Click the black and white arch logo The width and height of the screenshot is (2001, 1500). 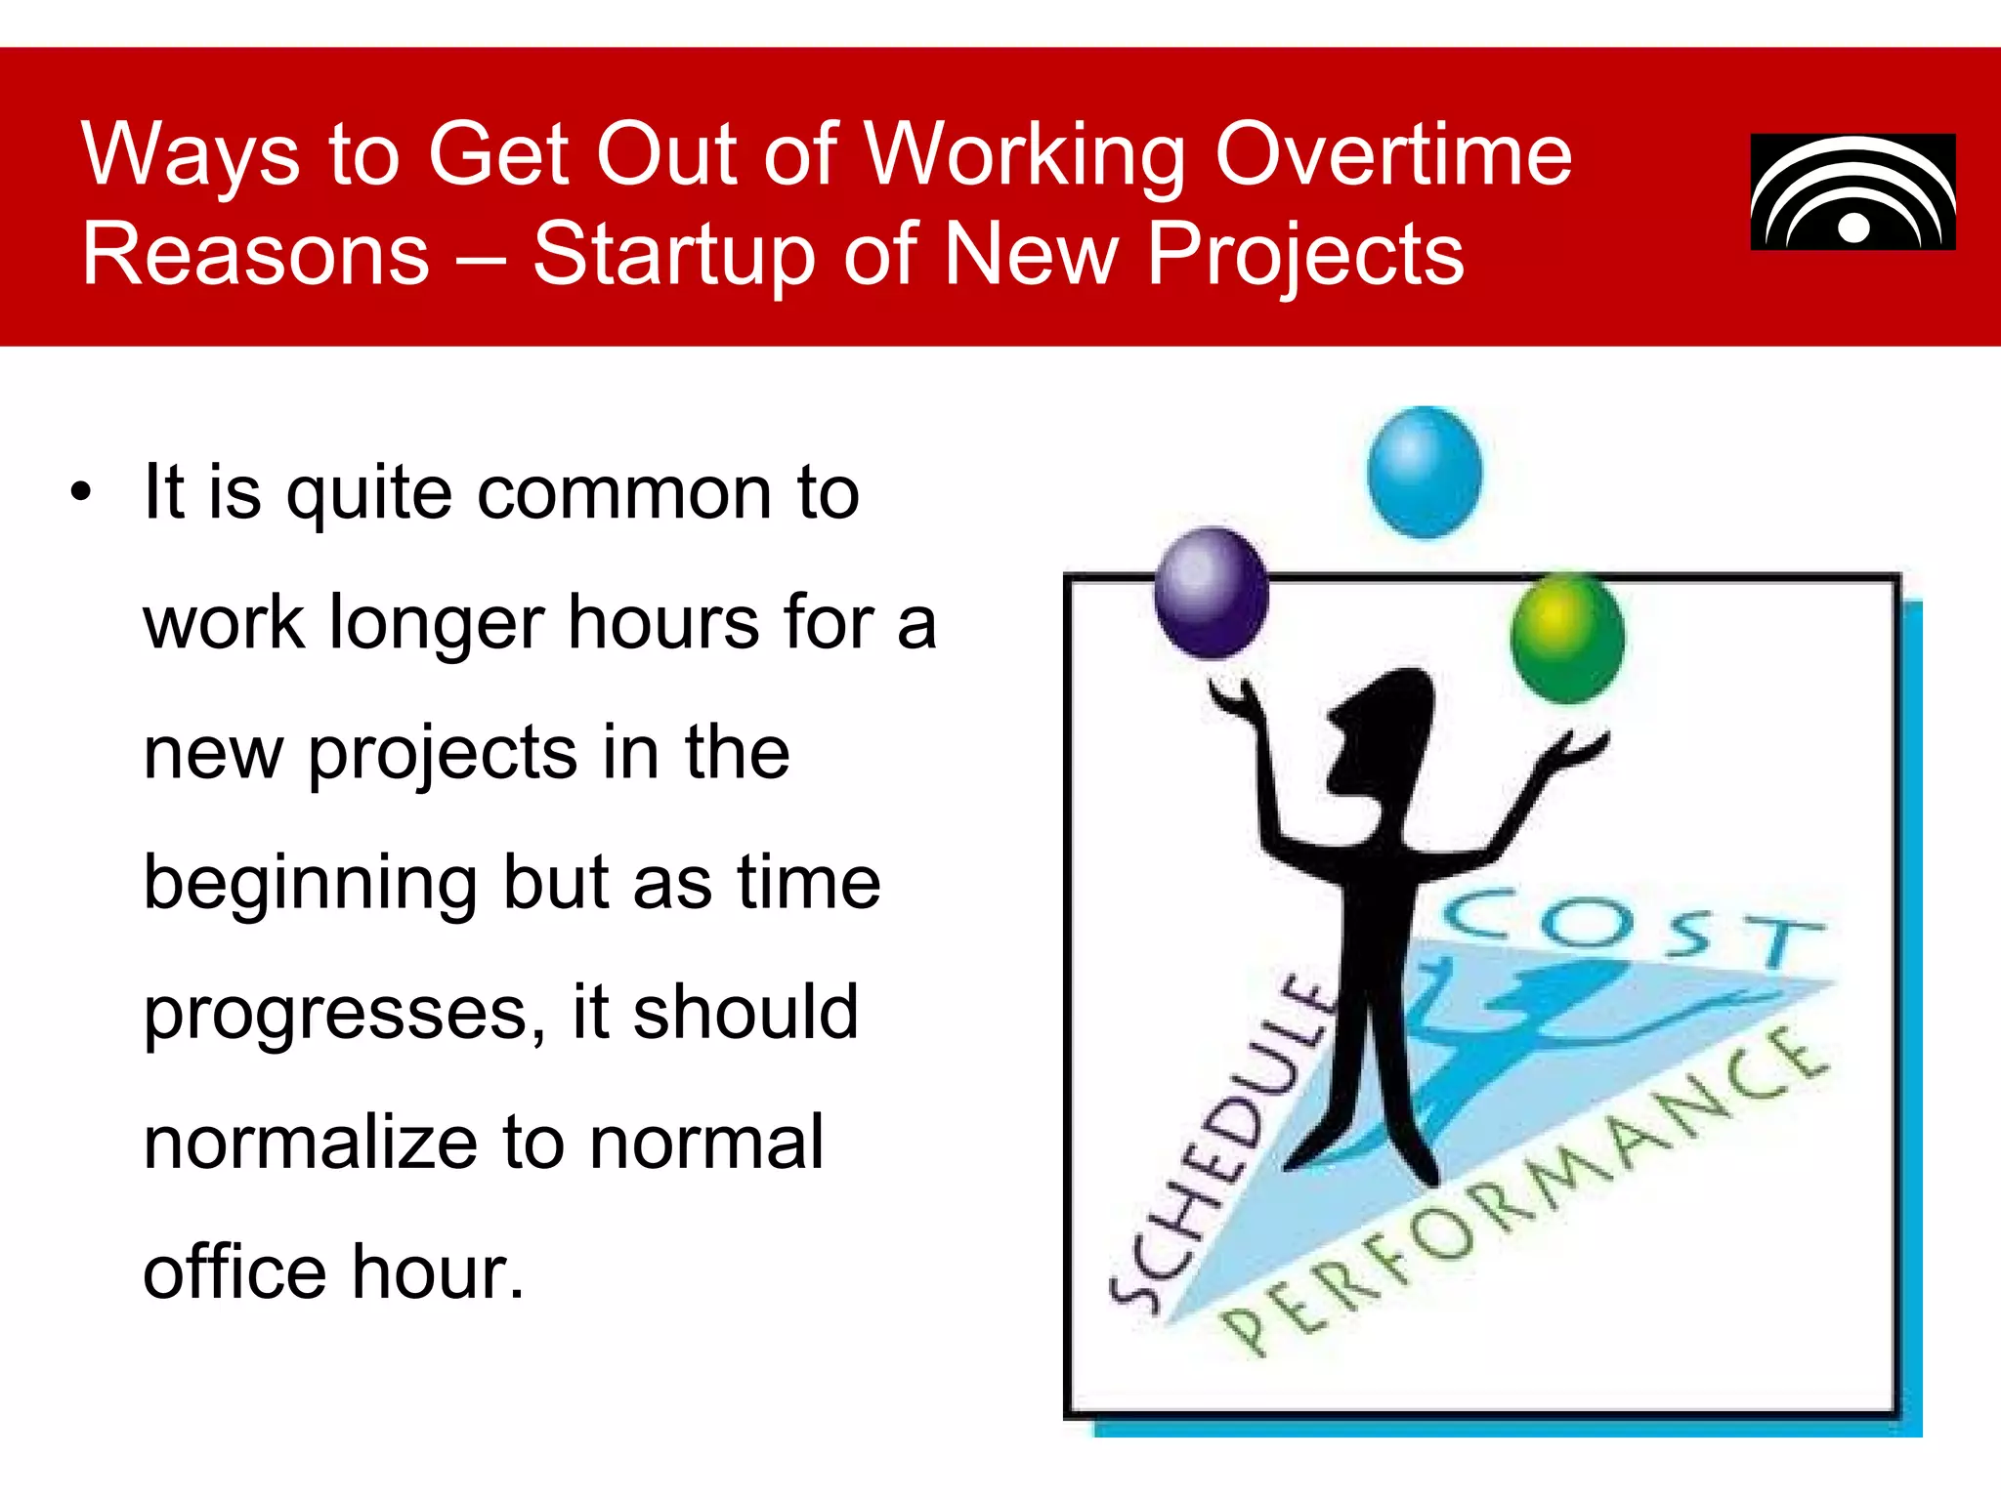pos(1852,192)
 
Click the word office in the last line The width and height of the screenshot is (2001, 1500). pos(234,1272)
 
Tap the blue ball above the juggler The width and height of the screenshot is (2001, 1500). pos(1425,472)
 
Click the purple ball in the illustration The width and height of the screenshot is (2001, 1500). pos(1211,593)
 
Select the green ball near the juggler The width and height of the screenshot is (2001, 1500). pos(1566,638)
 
